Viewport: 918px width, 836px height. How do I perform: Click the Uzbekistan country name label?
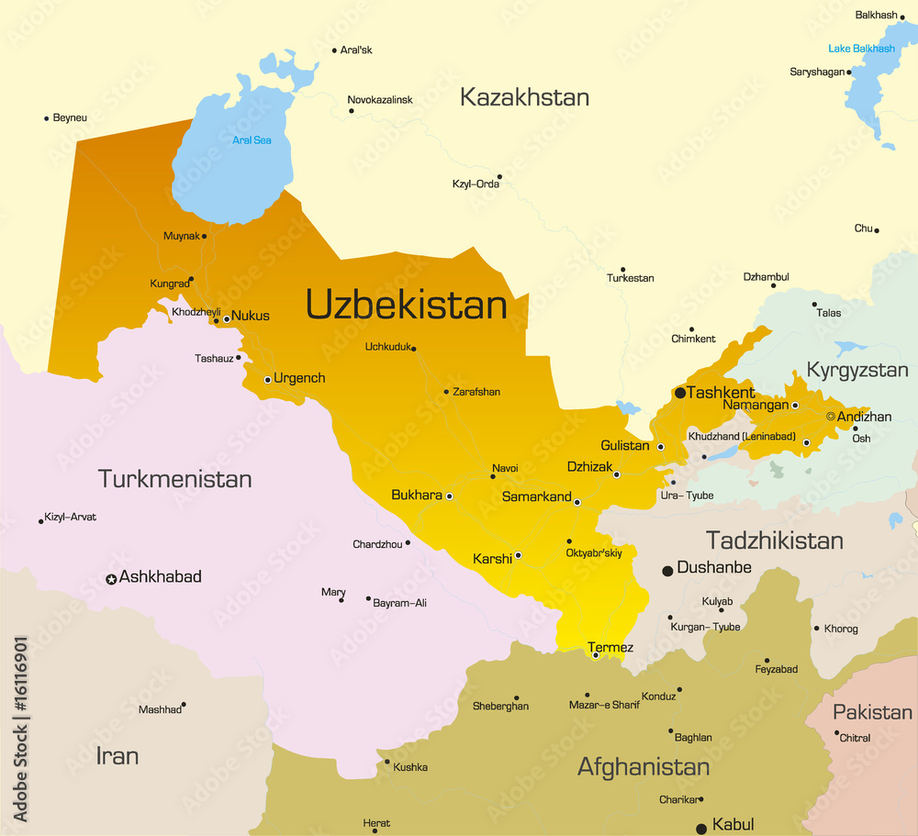point(406,305)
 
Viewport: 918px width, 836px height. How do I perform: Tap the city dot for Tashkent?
point(680,393)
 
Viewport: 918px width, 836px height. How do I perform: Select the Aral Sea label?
point(252,140)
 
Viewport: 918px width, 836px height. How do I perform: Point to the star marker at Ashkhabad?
point(111,579)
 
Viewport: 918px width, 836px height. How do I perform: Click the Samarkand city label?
point(537,496)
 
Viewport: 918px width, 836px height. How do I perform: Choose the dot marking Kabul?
point(701,829)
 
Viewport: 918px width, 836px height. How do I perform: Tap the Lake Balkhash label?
point(861,49)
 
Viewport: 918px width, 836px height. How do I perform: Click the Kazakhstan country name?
point(524,97)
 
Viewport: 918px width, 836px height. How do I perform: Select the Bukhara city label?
point(417,495)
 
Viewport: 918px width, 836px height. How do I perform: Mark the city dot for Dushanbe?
point(667,571)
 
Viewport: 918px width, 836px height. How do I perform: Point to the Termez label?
point(610,648)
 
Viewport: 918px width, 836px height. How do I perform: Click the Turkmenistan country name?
point(174,479)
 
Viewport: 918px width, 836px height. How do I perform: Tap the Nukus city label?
point(251,316)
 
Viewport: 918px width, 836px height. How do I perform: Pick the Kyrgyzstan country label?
point(856,370)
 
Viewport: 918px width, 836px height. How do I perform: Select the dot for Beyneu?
point(46,118)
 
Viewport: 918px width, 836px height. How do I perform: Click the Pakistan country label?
point(872,712)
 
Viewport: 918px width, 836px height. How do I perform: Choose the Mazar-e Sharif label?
point(604,705)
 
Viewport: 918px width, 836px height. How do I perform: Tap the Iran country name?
point(118,756)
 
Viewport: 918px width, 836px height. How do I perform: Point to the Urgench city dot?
point(267,379)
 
